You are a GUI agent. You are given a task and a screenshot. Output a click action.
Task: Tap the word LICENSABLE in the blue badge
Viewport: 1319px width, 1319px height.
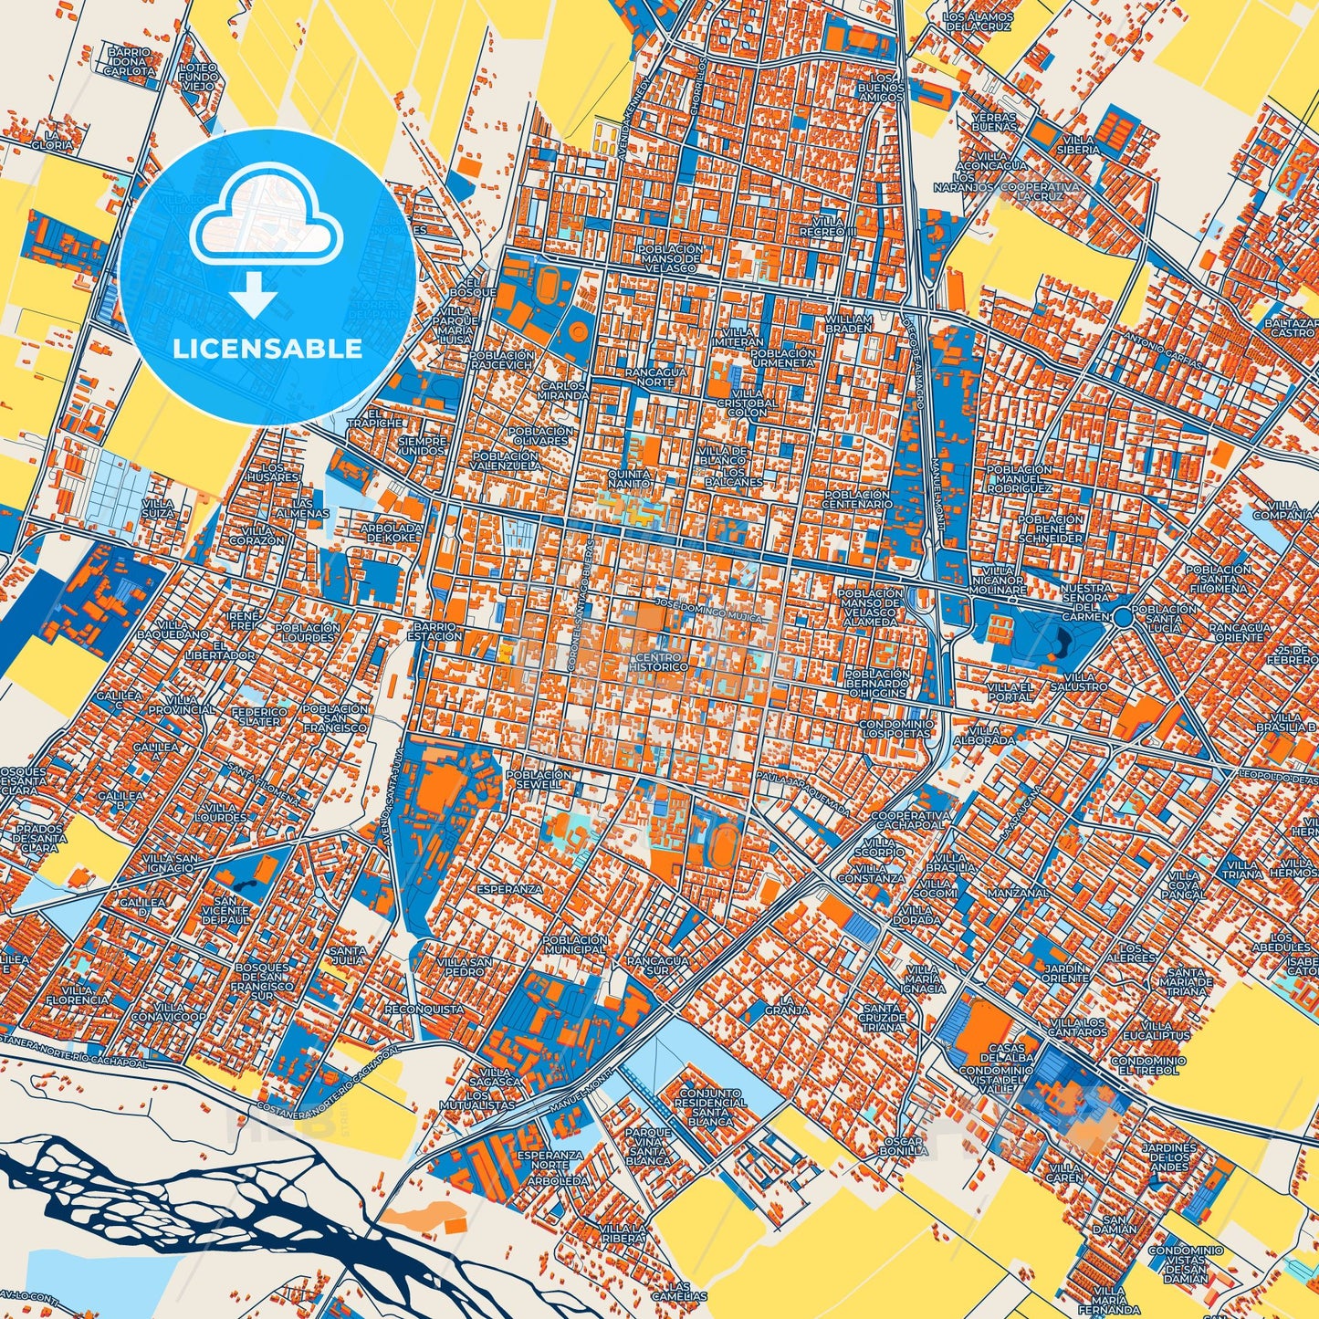(267, 349)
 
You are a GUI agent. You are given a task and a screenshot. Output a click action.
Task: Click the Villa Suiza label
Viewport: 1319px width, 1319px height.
(158, 507)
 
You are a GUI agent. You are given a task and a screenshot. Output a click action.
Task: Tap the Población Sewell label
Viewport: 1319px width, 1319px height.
(544, 779)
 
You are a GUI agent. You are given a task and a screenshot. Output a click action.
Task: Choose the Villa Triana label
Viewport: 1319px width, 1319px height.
(1243, 869)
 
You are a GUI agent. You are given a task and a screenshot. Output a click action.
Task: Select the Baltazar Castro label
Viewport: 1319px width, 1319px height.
(1292, 328)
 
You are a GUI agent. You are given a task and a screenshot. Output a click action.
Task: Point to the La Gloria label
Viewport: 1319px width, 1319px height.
(52, 139)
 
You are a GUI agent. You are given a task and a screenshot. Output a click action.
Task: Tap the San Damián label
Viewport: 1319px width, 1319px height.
(1120, 1223)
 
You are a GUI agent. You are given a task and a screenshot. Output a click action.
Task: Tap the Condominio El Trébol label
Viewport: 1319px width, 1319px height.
(1148, 1065)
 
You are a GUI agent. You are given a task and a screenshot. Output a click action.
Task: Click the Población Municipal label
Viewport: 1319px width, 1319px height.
(574, 944)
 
